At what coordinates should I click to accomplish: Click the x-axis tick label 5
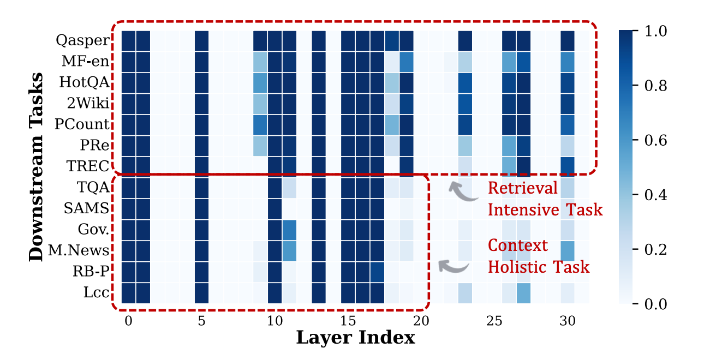(201, 322)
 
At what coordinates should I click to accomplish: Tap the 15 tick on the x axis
(348, 322)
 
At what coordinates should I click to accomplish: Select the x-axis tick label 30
(568, 322)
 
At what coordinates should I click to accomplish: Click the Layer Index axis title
(355, 338)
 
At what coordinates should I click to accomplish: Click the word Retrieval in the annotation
(522, 188)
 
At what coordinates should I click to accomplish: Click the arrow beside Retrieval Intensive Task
(463, 191)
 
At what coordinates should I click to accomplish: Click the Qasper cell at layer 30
(568, 40)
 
